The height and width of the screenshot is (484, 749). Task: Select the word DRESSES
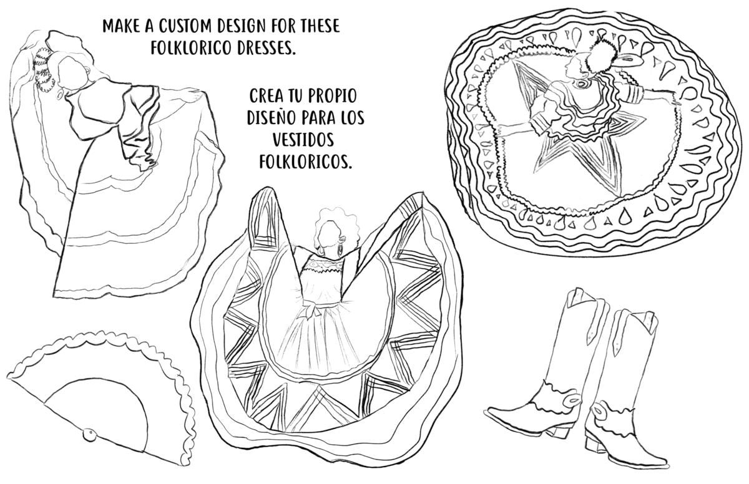click(x=263, y=49)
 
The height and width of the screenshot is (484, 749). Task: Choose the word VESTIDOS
click(x=306, y=140)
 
